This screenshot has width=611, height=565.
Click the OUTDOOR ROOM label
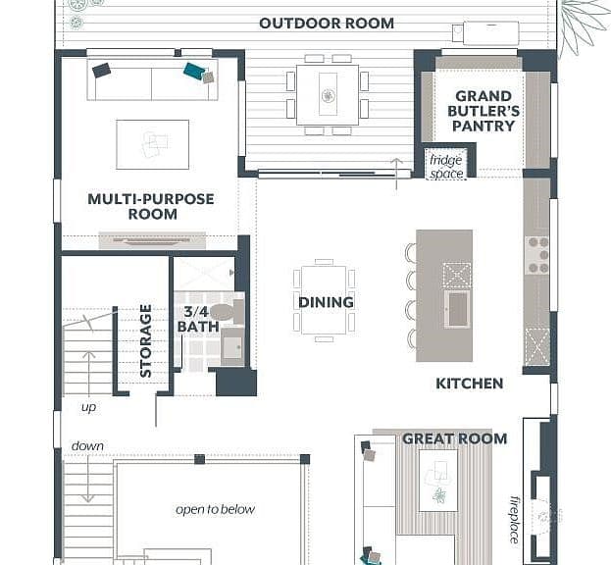[x=327, y=24]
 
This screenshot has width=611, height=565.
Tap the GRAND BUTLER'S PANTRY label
[x=484, y=111]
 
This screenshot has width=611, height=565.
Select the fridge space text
[x=446, y=167]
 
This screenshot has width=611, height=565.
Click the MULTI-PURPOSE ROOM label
[x=151, y=206]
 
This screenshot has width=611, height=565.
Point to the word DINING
[x=326, y=302]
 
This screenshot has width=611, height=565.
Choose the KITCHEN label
[x=469, y=384]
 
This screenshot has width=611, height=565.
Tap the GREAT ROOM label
[x=454, y=438]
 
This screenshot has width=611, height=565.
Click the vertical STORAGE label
[x=145, y=341]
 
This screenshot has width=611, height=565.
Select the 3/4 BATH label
[x=197, y=319]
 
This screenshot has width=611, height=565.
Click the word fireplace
[x=514, y=520]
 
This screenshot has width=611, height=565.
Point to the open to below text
[x=216, y=510]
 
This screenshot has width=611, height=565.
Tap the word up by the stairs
[x=89, y=408]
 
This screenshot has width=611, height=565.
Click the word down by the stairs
[x=87, y=445]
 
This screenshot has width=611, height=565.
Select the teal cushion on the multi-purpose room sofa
[x=194, y=71]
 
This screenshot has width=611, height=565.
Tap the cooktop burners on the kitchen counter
[x=537, y=256]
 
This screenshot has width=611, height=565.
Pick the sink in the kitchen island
[x=457, y=309]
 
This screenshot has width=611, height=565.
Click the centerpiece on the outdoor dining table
[x=328, y=95]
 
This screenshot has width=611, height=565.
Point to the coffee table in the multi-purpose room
[x=152, y=144]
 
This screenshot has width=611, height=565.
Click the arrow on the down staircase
[x=88, y=479]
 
